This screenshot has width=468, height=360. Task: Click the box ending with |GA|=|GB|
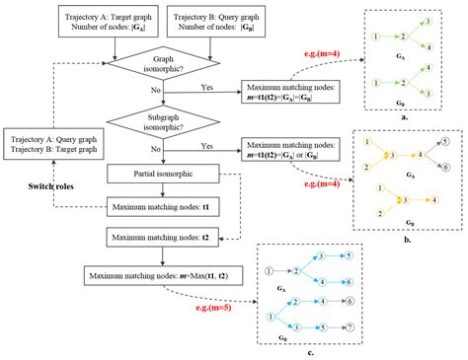coord(293,94)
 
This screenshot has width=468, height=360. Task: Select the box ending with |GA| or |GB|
coord(293,149)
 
